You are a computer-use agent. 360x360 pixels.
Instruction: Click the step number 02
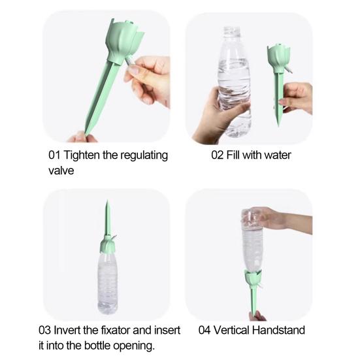[217, 155]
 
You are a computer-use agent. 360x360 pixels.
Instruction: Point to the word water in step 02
[276, 155]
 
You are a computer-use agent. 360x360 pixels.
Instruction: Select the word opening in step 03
[133, 346]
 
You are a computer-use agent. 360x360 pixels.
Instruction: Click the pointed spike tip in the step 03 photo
[105, 208]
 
